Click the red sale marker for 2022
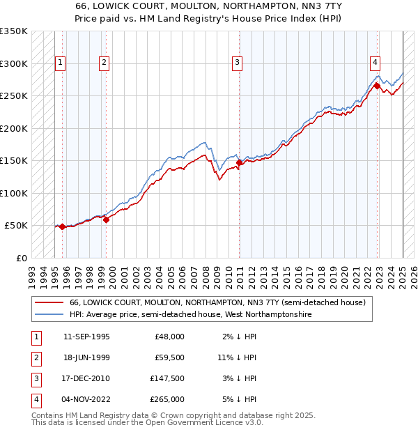[377, 86]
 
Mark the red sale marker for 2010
[239, 162]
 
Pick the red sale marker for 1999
[107, 219]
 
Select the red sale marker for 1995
[63, 226]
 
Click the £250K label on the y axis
[13, 96]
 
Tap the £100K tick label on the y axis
[13, 193]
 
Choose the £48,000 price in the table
[169, 337]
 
